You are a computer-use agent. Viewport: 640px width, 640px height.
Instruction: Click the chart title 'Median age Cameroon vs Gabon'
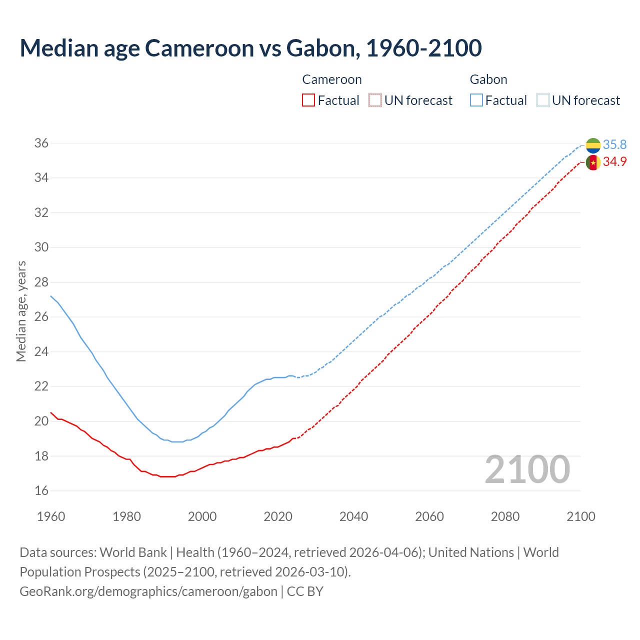point(250,48)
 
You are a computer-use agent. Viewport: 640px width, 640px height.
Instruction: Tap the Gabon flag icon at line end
point(593,145)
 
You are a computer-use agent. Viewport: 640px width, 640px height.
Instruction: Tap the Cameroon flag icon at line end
point(593,162)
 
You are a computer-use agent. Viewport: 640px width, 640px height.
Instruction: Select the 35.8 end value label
point(614,144)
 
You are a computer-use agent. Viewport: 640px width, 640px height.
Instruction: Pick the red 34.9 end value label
point(614,161)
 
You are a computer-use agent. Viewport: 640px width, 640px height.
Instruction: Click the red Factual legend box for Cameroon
point(308,100)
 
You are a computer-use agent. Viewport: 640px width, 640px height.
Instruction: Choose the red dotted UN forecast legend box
point(375,100)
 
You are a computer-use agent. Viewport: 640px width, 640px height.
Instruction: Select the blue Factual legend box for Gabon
point(476,100)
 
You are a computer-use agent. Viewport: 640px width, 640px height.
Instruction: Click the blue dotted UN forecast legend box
point(542,100)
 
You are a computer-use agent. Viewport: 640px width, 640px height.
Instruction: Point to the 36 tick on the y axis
point(41,143)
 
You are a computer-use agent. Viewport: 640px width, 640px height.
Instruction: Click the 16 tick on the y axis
point(41,491)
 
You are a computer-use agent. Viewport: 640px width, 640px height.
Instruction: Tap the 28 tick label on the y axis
point(41,282)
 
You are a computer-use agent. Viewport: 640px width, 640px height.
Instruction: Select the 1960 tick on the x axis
point(51,516)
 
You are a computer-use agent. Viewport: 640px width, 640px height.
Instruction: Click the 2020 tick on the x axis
point(278,516)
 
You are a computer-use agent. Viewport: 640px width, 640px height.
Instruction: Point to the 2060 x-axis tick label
point(429,516)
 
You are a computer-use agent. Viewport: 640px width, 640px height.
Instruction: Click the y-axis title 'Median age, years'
point(21,311)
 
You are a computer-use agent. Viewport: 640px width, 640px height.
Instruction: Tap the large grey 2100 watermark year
point(527,469)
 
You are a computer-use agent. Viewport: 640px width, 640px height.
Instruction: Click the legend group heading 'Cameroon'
point(332,79)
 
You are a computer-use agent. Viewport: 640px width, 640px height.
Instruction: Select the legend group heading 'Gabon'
point(488,79)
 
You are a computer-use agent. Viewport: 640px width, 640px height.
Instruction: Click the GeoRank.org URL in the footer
point(148,591)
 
